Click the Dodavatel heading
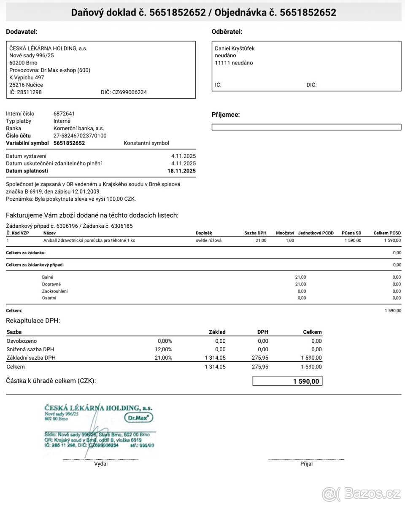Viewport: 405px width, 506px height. tap(22, 32)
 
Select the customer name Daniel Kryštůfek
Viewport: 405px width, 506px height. tap(235, 48)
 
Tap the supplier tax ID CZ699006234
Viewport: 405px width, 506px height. tap(129, 92)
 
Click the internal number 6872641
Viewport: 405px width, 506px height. tap(64, 113)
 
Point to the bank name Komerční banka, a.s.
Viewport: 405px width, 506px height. tap(78, 128)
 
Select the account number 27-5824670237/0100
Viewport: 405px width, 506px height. tap(80, 136)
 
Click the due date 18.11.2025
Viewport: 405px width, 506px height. tap(181, 171)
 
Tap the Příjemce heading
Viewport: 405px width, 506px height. tap(225, 115)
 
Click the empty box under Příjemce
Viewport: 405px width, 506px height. tap(306, 127)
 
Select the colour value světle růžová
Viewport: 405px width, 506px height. tap(208, 240)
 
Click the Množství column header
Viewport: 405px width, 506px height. tap(285, 233)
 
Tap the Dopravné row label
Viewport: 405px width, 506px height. tap(51, 284)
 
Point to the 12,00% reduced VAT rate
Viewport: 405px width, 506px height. tap(165, 349)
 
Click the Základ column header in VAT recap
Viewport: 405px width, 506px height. tap(217, 332)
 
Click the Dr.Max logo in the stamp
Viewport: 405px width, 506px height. tap(139, 417)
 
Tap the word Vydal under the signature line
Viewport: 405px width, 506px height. tap(101, 464)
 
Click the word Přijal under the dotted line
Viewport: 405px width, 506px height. tap(306, 464)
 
